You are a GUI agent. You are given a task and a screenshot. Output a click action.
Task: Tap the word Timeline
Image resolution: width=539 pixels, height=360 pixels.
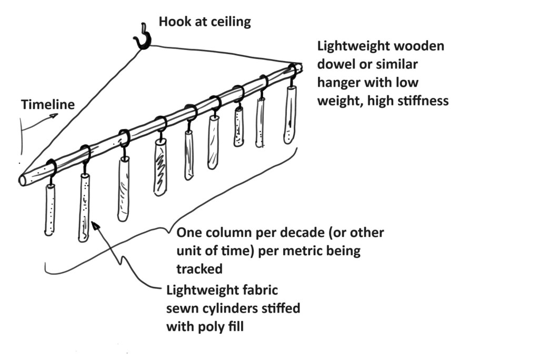(47, 105)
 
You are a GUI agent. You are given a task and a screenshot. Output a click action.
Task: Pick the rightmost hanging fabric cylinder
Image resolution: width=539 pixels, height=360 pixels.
(289, 115)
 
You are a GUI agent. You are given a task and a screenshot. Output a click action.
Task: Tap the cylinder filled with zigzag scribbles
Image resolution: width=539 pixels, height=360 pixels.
(160, 167)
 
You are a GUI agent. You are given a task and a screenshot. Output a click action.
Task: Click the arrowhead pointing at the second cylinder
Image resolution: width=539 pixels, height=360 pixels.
(95, 226)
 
